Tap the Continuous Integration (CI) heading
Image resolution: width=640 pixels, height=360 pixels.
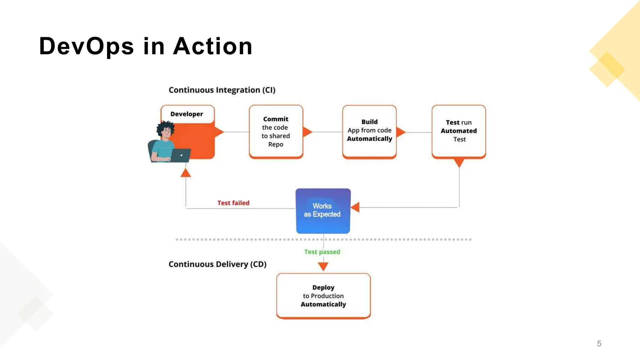point(222,90)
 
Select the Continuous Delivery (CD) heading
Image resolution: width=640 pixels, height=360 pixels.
point(217,264)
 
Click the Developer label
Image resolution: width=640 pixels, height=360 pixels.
point(187,114)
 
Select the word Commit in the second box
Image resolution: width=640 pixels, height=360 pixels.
point(276,119)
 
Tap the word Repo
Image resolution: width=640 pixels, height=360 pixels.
point(276,144)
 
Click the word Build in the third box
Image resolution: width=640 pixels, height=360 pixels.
point(369,122)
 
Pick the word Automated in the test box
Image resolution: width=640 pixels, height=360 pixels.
point(458,131)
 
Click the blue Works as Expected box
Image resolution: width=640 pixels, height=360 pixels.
point(323,211)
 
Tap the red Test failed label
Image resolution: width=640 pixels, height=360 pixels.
point(233,203)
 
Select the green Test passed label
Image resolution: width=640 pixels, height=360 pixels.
point(322,252)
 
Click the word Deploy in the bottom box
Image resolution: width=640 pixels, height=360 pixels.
point(323,287)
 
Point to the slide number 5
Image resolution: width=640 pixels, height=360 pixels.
point(599,343)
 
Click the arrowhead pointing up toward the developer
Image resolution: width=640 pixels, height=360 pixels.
point(186,173)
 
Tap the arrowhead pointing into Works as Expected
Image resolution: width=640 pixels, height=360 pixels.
point(356,207)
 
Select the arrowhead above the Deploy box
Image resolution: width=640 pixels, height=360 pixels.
point(323,266)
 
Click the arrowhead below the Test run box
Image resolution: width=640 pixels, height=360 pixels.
point(459,162)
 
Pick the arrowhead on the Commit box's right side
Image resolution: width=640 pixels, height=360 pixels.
point(307,132)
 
